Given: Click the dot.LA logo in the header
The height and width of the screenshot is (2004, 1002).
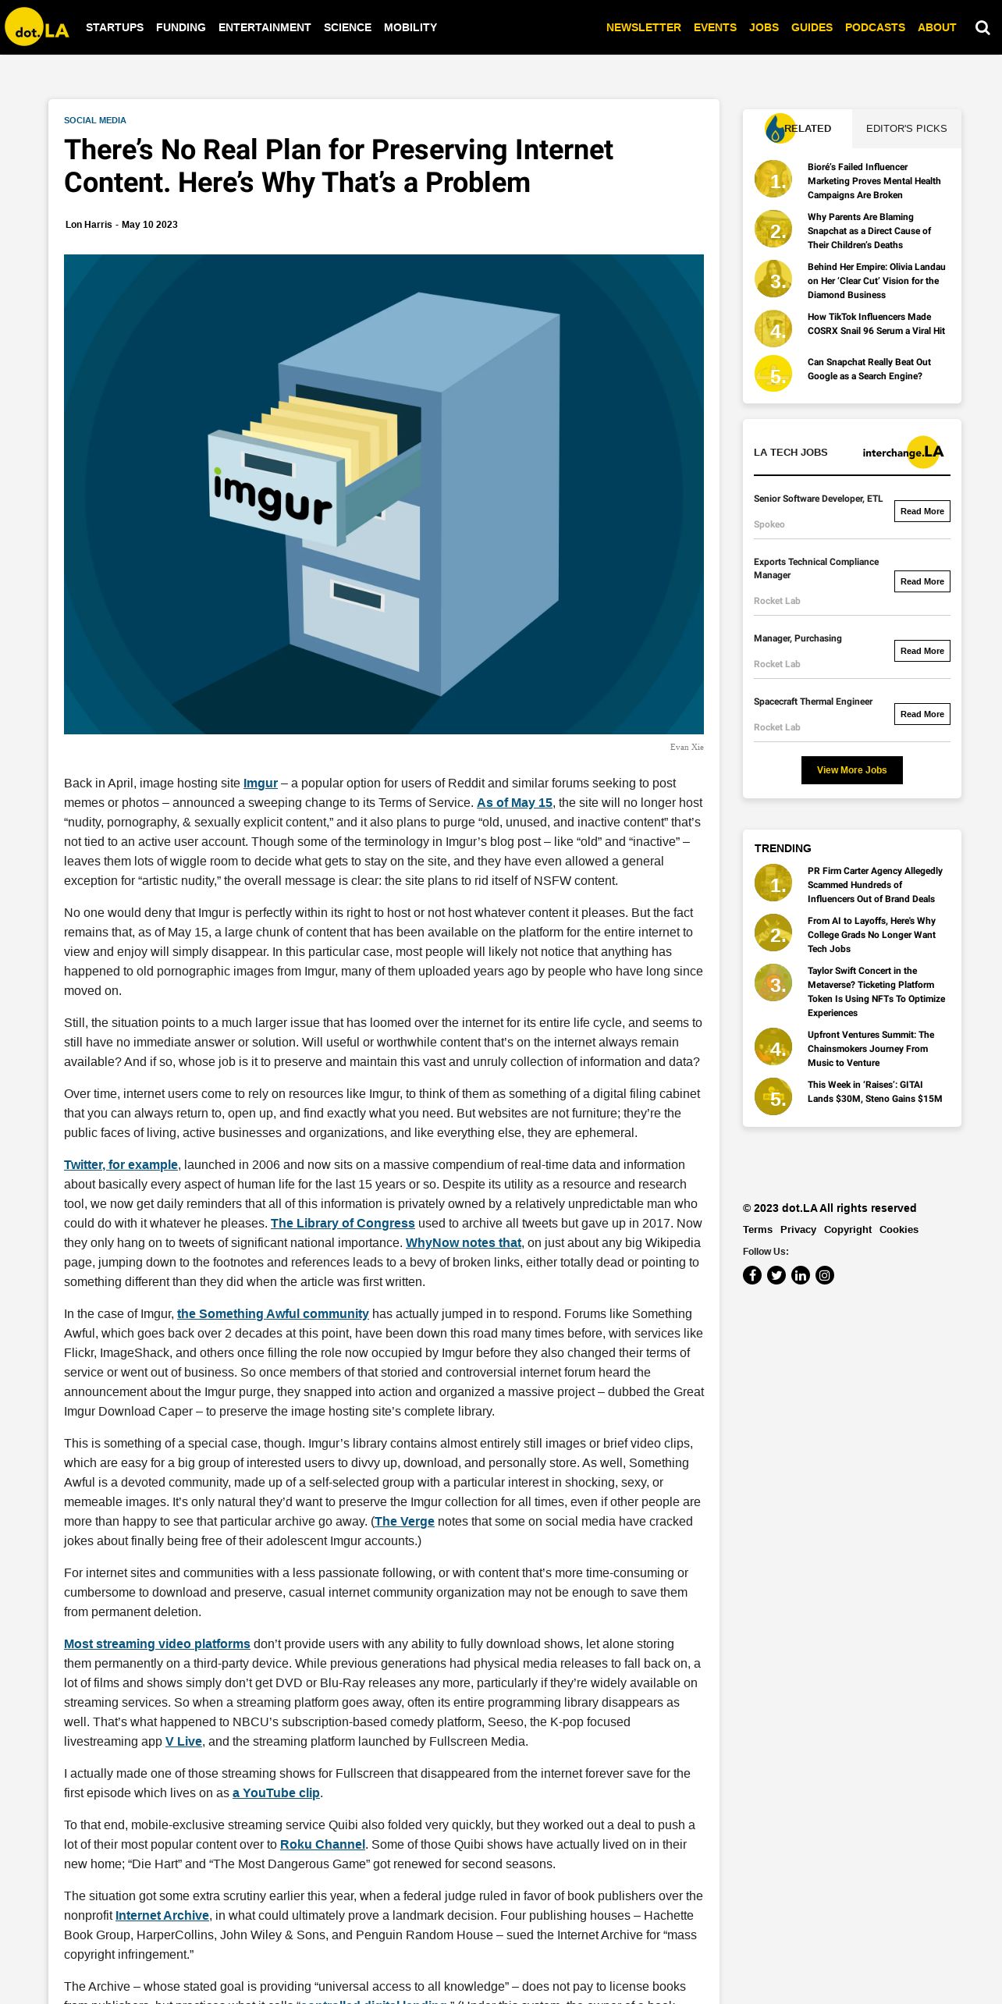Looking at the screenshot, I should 37,27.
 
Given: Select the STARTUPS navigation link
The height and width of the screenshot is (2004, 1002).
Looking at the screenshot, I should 115,27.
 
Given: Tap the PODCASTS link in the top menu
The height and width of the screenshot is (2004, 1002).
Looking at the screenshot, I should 875,27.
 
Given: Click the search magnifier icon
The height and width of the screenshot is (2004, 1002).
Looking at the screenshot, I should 982,28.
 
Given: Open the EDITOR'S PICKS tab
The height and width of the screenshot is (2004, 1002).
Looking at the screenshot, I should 906,129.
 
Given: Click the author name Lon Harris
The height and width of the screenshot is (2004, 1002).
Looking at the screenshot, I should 89,225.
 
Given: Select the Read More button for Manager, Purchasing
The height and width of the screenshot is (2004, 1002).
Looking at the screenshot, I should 922,651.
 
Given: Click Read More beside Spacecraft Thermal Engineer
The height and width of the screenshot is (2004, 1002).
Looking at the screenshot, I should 922,714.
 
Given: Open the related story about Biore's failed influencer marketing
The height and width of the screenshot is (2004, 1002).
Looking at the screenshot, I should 873,181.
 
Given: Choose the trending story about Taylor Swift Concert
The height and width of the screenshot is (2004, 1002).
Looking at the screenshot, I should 876,992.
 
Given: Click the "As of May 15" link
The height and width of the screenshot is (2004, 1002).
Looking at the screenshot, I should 514,803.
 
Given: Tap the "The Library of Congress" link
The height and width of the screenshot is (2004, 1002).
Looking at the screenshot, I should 343,1224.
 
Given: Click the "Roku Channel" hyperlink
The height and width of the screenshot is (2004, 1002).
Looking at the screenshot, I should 322,1845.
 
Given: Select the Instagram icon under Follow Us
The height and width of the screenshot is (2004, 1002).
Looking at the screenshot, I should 825,1275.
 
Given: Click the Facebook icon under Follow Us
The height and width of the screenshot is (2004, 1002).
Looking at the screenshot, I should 752,1275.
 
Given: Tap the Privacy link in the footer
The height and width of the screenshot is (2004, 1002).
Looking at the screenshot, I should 798,1230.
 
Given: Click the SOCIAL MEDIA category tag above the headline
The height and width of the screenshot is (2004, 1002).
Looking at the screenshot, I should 95,120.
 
